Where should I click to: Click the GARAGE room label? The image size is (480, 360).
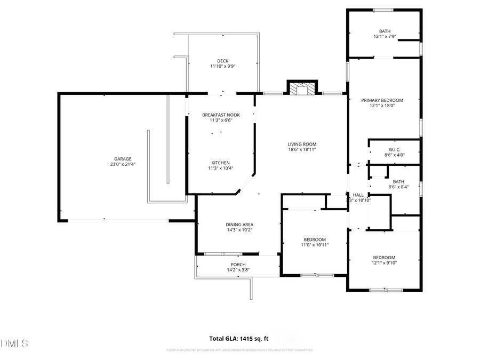click(x=122, y=158)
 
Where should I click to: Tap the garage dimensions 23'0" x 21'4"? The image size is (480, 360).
click(x=122, y=164)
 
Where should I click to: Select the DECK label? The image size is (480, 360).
click(x=222, y=60)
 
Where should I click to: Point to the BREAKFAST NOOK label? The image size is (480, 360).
click(x=221, y=115)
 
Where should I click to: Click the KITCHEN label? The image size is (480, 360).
click(x=221, y=163)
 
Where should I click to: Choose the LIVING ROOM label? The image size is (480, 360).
click(x=302, y=144)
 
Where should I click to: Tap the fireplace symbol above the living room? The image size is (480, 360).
click(x=302, y=88)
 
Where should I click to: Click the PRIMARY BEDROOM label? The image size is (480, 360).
click(x=382, y=100)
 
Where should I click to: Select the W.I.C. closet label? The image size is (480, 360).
click(x=394, y=149)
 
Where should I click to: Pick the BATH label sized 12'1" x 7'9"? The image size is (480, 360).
click(x=385, y=31)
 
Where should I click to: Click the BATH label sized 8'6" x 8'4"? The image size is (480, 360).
click(x=398, y=181)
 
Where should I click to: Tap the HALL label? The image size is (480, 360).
click(x=358, y=195)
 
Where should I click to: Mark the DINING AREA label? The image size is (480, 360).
click(x=239, y=225)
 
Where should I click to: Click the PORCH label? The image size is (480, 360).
click(x=238, y=265)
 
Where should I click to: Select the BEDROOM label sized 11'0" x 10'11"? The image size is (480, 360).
click(x=315, y=239)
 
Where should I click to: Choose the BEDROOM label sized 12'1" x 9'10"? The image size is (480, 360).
click(x=384, y=257)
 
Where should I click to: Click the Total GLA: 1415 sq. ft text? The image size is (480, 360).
click(x=239, y=338)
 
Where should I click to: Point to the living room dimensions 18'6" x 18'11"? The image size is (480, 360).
click(x=302, y=150)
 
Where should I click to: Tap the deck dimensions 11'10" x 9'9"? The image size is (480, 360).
click(x=222, y=66)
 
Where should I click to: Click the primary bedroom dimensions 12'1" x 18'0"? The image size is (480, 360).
click(x=382, y=106)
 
